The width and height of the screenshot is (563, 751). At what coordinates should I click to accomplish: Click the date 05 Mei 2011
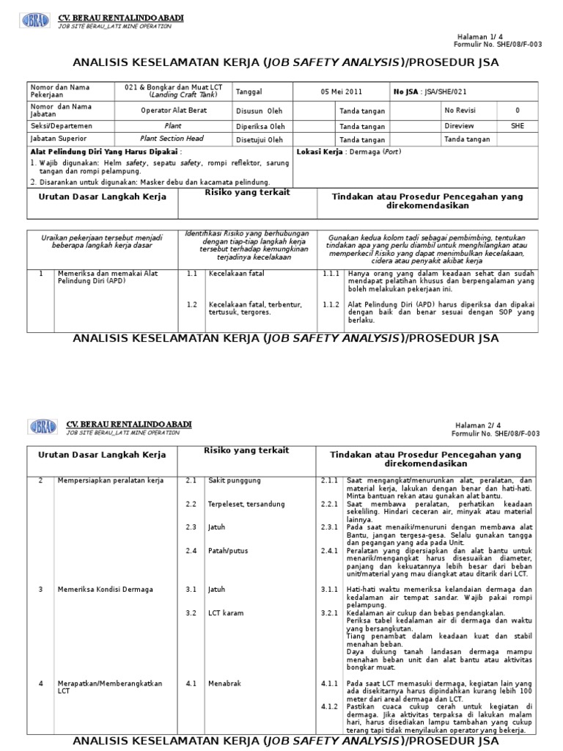[341, 92]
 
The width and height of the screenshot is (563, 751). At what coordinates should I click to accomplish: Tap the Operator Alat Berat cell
[174, 111]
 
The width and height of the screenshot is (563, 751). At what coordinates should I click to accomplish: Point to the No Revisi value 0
[518, 111]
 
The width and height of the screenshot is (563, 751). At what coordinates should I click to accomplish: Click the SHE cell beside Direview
[518, 125]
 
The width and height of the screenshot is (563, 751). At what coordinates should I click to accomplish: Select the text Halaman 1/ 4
[499, 36]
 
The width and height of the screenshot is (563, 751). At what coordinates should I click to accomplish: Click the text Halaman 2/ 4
[499, 425]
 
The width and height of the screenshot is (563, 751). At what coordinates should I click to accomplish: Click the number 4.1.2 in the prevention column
[331, 707]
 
